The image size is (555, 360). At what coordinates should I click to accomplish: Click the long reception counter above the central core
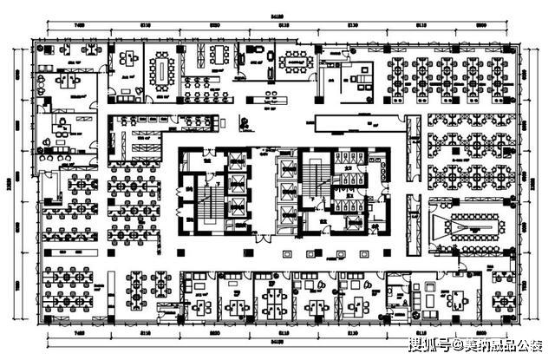[357, 121]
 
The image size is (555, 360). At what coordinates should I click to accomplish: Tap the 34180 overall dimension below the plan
[277, 344]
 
